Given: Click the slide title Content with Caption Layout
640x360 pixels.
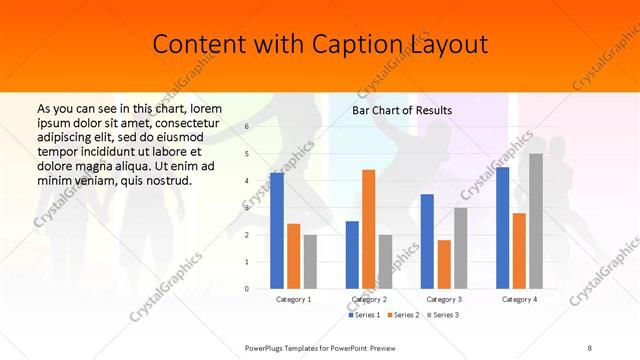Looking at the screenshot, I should coord(320,44).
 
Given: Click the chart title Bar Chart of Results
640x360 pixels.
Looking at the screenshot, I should coord(402,110).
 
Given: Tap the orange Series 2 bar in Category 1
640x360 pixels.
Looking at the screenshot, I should coord(293,256).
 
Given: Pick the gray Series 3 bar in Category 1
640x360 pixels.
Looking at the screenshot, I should coord(310,262).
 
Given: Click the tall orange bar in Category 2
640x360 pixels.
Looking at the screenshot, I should coord(368,229).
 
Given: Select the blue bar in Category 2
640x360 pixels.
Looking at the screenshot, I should coord(352,255).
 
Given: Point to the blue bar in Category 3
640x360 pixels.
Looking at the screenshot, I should coord(427,241).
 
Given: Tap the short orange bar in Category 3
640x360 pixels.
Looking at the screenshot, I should coord(443,264).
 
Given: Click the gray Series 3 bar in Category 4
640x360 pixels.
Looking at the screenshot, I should coord(536,221).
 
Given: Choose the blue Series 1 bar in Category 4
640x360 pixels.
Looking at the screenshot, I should coord(503,228).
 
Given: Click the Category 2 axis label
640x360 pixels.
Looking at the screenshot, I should coord(368,299).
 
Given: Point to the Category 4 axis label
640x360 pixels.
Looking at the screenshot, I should coord(519,299).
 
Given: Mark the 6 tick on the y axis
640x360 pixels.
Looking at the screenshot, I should coord(247,128).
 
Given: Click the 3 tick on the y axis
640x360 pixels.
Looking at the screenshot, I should coord(247,208).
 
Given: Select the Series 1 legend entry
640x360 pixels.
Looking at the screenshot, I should coord(365,315).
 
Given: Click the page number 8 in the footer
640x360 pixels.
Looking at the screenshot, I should coord(590,346).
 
